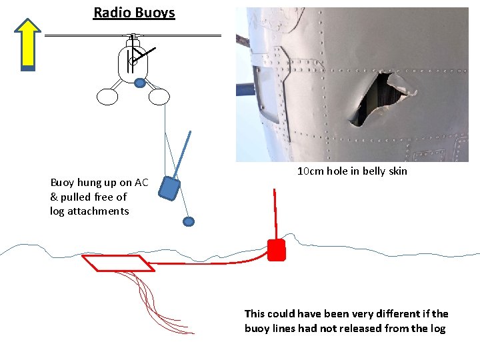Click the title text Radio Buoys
[x=134, y=13]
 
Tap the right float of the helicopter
[x=159, y=97]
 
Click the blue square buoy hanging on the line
[x=170, y=189]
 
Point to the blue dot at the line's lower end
[x=189, y=221]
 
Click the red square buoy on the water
[x=276, y=249]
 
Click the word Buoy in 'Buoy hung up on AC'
[x=63, y=183]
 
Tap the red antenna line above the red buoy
[x=275, y=213]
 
